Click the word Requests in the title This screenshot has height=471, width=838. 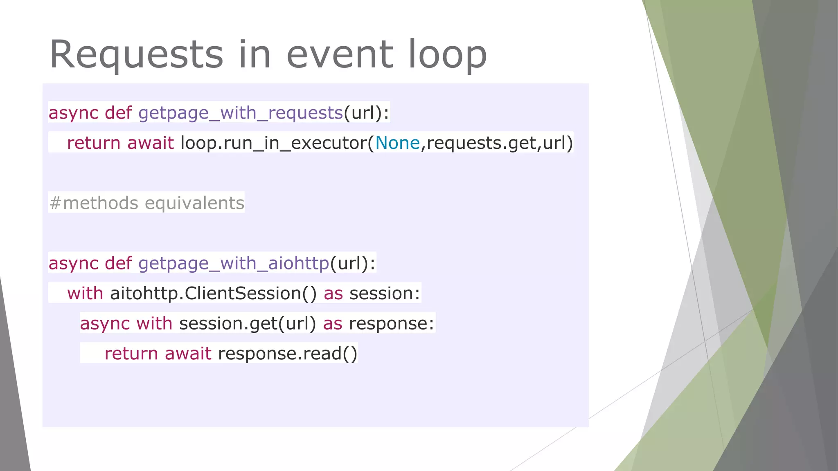pyautogui.click(x=136, y=55)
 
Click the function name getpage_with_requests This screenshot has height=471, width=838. pyautogui.click(x=240, y=113)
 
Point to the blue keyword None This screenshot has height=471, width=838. pyautogui.click(x=397, y=143)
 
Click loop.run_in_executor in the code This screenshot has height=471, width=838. pyautogui.click(x=273, y=143)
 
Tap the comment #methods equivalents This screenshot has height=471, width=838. pyautogui.click(x=146, y=203)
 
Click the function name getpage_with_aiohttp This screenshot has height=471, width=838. pyautogui.click(x=233, y=263)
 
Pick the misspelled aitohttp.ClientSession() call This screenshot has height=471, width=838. pyautogui.click(x=213, y=294)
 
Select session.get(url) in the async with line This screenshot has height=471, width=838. pyautogui.click(x=248, y=323)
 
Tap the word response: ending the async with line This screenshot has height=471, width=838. pyautogui.click(x=391, y=323)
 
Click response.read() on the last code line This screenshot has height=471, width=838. pyautogui.click(x=288, y=354)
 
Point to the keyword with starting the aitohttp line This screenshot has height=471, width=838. pyautogui.click(x=85, y=294)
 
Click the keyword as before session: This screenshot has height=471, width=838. pyautogui.click(x=333, y=294)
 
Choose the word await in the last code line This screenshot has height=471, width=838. pyautogui.click(x=188, y=354)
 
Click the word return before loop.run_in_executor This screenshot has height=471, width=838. pyautogui.click(x=94, y=143)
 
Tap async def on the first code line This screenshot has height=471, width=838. pyautogui.click(x=90, y=113)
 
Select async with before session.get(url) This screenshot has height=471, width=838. pyautogui.click(x=126, y=323)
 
